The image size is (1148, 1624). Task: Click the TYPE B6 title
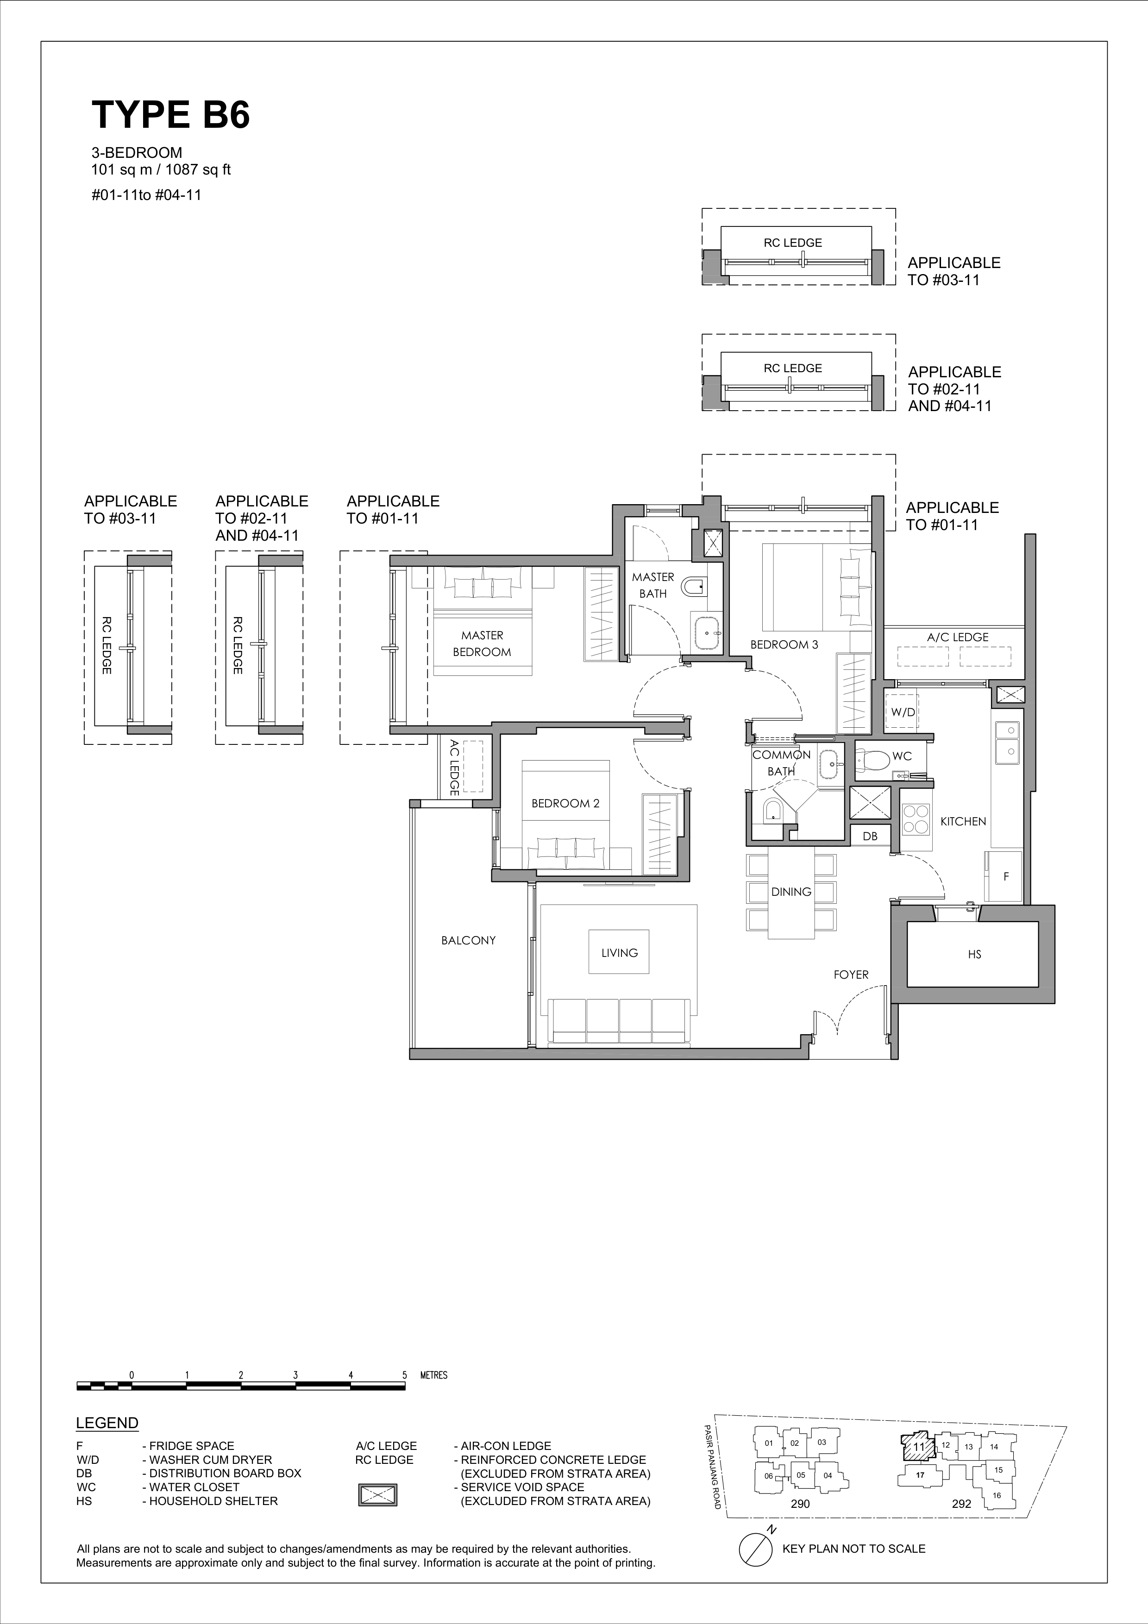[170, 115]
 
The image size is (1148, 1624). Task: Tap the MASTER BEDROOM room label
[482, 643]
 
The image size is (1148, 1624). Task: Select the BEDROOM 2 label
[565, 804]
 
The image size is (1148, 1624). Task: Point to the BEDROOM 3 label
[784, 644]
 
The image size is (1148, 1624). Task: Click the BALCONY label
[468, 940]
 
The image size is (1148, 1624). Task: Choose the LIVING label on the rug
[620, 953]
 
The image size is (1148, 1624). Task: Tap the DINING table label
[791, 892]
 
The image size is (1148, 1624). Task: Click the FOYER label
[851, 974]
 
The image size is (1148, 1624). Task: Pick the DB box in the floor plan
[870, 836]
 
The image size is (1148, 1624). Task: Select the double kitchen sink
[1007, 742]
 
